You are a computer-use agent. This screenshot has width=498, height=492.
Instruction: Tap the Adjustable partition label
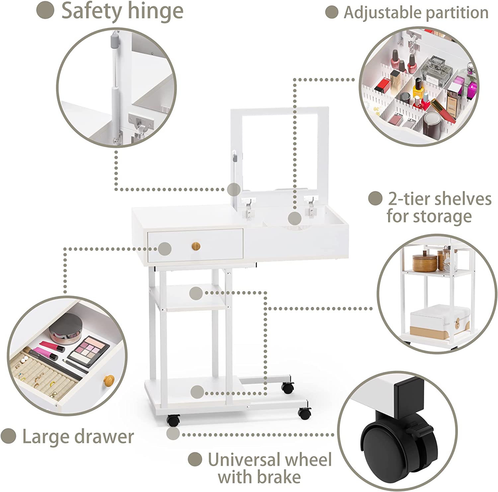pyautogui.click(x=416, y=13)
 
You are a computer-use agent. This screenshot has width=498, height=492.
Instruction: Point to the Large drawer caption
pyautogui.click(x=78, y=437)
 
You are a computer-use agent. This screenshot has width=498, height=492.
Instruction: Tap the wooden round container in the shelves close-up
pyautogui.click(x=425, y=263)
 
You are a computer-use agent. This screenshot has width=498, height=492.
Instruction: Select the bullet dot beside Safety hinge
pyautogui.click(x=45, y=10)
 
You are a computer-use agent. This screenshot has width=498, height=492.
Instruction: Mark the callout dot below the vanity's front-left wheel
pyautogui.click(x=173, y=433)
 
